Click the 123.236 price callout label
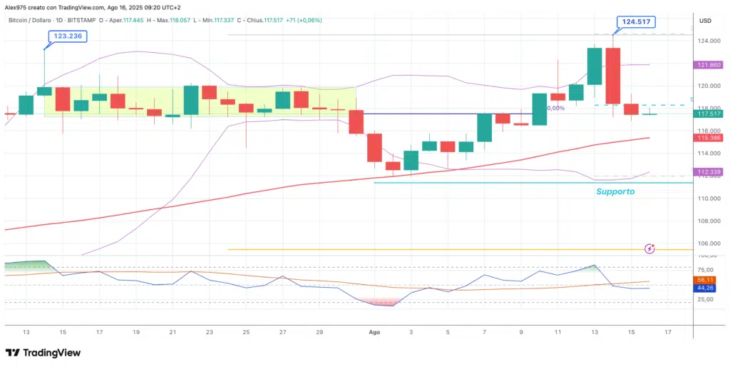67,36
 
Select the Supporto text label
615,191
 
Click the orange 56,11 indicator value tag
705,280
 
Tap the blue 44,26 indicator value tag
705,288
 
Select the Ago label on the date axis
375,333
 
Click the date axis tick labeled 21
173,333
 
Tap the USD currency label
705,20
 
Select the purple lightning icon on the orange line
649,248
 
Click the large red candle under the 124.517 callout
613,76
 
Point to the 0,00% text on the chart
556,108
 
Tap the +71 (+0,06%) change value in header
303,20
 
